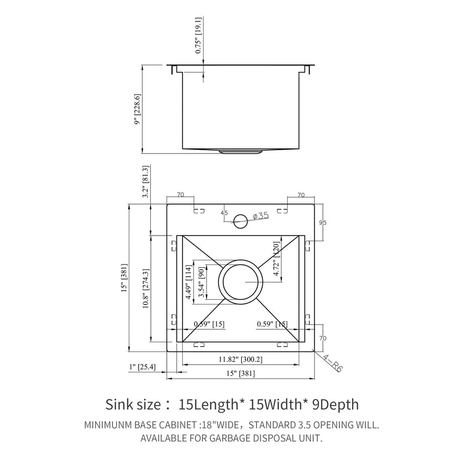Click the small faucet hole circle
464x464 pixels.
[240, 219]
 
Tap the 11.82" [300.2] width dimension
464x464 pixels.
[240, 360]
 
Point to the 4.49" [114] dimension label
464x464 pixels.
[188, 281]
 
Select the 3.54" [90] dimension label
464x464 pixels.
[201, 282]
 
